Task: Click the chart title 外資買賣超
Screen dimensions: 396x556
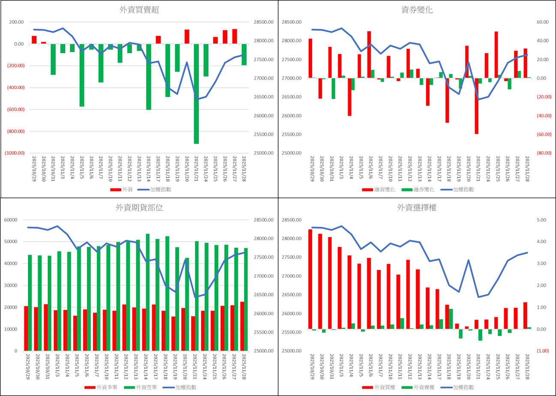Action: click(139, 10)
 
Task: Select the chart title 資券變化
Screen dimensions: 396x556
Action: click(417, 10)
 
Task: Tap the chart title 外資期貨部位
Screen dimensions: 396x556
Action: click(139, 208)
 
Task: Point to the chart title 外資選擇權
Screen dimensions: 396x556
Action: click(417, 208)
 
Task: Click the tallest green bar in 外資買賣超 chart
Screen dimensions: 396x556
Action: click(197, 93)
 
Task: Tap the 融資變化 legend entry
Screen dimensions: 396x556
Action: click(378, 189)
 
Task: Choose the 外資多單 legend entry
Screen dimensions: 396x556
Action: click(101, 387)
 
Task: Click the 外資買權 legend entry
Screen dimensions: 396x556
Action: click(379, 387)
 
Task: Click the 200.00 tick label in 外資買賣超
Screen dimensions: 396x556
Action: click(15, 22)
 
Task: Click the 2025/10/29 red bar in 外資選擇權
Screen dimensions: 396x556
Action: click(310, 279)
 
